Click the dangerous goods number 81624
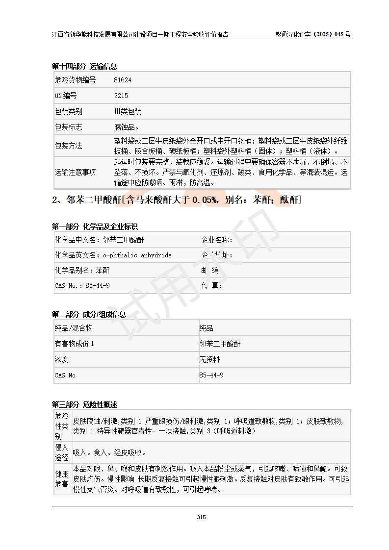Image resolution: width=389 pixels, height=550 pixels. (123, 80)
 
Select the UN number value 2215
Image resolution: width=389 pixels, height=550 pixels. (121, 96)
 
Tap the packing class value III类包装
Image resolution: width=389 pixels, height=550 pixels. (128, 111)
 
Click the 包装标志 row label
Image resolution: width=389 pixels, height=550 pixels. (68, 127)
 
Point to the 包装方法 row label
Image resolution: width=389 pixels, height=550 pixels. (68, 146)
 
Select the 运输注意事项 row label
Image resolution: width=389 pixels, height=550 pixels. (75, 172)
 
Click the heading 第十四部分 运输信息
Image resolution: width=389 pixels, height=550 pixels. (84, 66)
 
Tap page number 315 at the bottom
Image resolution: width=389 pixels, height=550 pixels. (201, 517)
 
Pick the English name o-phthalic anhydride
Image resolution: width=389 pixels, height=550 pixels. (137, 255)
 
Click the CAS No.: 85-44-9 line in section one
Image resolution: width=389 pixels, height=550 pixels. (82, 285)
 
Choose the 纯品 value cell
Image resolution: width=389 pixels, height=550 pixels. (207, 328)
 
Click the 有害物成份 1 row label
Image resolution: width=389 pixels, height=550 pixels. (74, 344)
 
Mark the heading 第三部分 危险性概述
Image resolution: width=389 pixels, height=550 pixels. (84, 404)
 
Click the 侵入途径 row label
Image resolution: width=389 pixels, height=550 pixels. (61, 452)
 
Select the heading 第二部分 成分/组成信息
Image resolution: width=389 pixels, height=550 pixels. (89, 314)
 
